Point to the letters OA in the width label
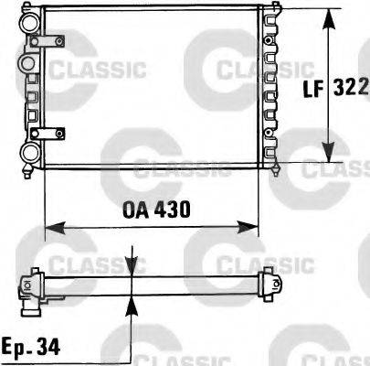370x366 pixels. [134, 210]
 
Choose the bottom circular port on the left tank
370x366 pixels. [29, 152]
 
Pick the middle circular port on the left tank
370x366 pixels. [27, 62]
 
